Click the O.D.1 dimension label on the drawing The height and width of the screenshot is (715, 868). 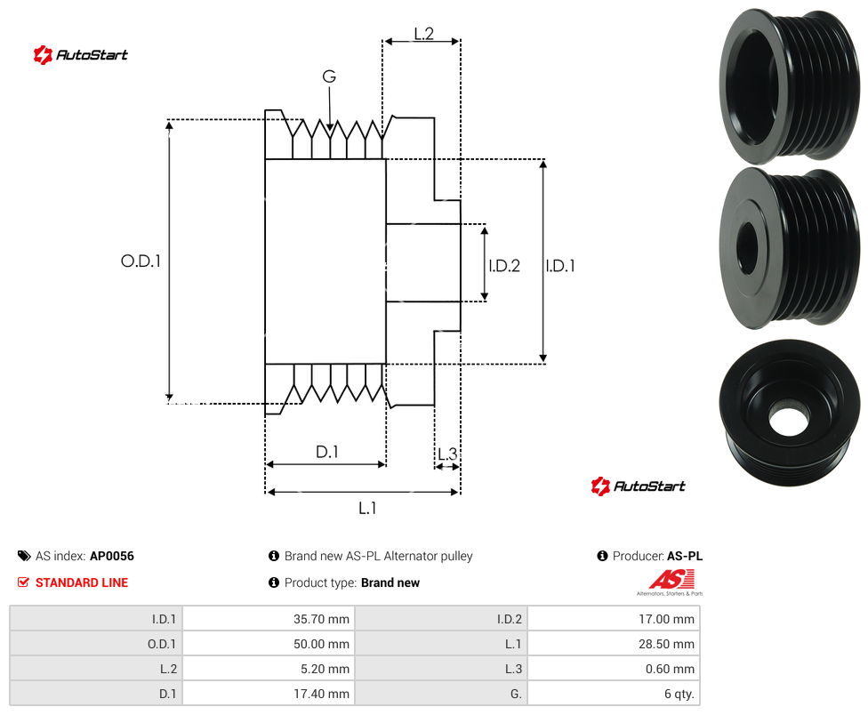coord(141,261)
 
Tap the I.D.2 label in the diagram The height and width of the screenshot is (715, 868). coord(504,266)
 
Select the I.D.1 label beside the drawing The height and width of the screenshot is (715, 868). coord(560,266)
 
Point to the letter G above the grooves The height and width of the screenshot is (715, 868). coord(329,76)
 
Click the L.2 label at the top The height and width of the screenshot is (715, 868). coord(424,34)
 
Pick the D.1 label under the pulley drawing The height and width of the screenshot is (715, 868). coord(326,452)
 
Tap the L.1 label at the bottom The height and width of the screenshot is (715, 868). coord(367,508)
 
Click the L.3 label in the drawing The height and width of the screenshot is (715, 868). coord(447,454)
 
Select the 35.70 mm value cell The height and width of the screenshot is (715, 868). coord(269,619)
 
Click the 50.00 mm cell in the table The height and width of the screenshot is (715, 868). coord(269,644)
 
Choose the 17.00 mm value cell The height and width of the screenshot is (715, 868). coord(614,619)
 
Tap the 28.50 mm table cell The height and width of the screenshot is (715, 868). coord(614,644)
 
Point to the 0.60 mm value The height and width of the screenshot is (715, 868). coord(670,669)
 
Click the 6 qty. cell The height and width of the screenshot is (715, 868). coord(614,694)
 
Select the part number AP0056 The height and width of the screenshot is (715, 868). coord(112,556)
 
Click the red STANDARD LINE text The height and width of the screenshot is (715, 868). coord(82,582)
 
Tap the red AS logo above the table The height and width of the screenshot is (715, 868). coord(671,580)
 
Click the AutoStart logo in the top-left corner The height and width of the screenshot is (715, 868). coord(80,54)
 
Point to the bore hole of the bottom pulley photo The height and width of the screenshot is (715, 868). coord(789,422)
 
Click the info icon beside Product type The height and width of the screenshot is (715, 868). coord(273,582)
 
